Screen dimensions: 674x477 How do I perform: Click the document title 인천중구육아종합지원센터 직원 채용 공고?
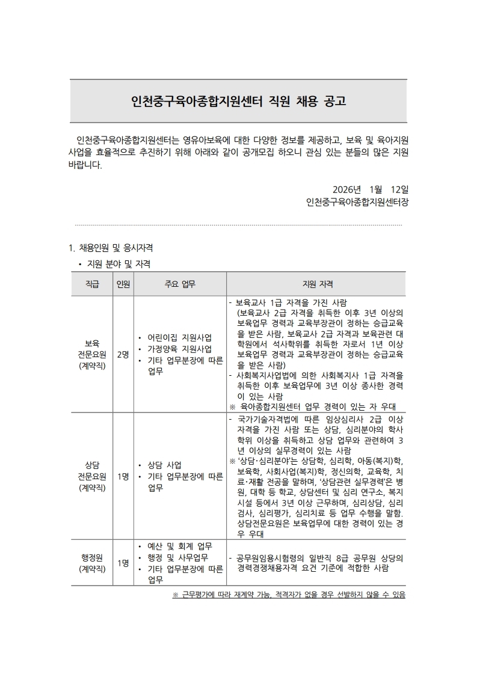point(238,100)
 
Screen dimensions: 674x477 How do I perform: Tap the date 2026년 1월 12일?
point(370,188)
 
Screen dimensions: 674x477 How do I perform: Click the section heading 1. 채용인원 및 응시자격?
point(112,247)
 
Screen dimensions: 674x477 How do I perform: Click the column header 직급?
point(92,284)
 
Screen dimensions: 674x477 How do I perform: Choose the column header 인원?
point(123,284)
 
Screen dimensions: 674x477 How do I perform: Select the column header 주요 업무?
point(180,284)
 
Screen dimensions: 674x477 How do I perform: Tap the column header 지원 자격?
point(317,284)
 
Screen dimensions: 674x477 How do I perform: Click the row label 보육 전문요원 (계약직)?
point(92,354)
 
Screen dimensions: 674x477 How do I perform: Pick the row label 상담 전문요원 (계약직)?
point(92,476)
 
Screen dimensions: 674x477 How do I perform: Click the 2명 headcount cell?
point(123,354)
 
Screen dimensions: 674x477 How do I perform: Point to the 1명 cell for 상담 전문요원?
point(123,476)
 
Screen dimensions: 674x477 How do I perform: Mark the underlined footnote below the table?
point(289,595)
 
